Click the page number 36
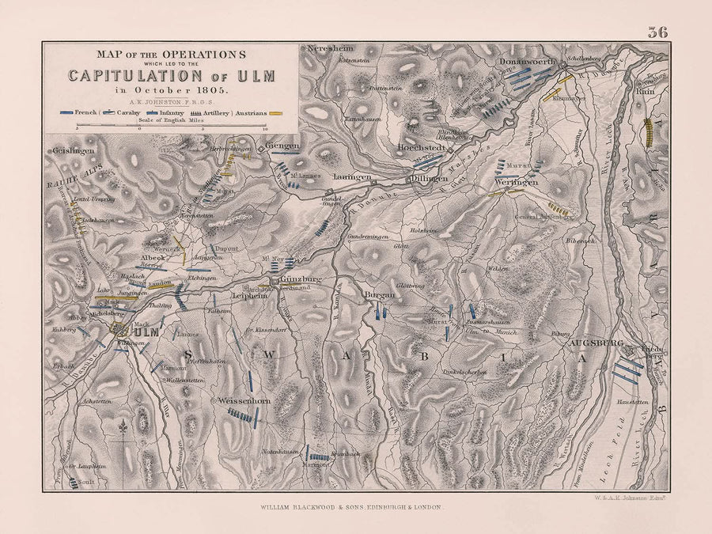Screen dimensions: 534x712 coord(657,32)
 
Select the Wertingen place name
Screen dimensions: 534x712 coord(519,182)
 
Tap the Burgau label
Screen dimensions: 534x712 coord(379,294)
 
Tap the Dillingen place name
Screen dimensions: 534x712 coord(430,178)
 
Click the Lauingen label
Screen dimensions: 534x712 coord(352,177)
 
